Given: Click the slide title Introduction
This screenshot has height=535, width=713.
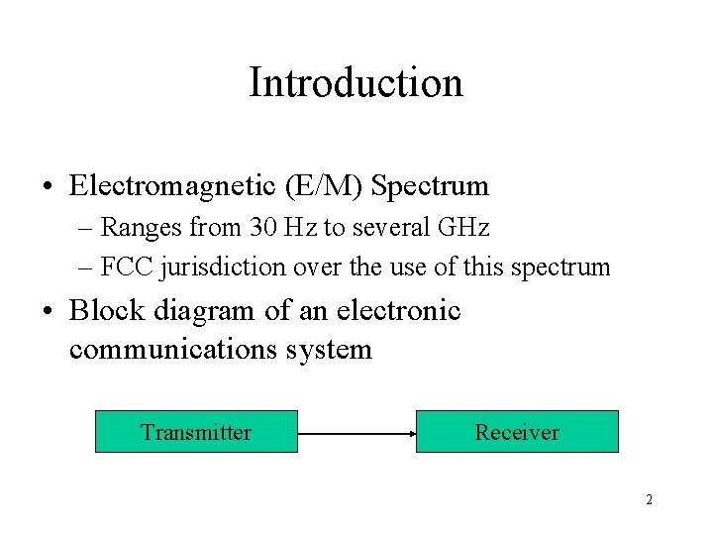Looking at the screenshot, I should click(356, 82).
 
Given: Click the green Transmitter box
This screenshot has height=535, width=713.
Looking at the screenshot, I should click(196, 432).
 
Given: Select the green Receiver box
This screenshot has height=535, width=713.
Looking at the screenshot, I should click(517, 432).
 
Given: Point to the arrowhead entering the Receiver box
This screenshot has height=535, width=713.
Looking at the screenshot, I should click(410, 433).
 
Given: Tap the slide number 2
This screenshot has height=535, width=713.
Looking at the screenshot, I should click(649, 500).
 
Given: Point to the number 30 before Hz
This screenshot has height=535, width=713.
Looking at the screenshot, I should click(263, 228).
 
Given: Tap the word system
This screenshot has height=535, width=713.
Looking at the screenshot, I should click(334, 350).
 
